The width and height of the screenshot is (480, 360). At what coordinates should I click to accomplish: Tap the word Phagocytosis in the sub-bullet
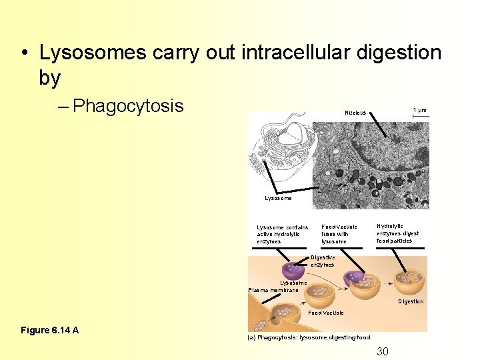click(x=128, y=106)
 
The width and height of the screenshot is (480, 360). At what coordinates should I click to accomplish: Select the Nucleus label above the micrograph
click(x=355, y=112)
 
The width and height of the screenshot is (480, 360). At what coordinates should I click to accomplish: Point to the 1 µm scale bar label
click(x=419, y=109)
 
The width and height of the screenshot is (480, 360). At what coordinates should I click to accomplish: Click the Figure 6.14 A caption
click(x=50, y=330)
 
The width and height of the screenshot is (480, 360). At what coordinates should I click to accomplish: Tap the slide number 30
click(x=383, y=351)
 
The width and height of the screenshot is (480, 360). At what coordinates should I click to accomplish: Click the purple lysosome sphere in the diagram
click(x=293, y=271)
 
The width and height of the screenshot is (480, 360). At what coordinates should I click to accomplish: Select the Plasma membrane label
click(x=273, y=289)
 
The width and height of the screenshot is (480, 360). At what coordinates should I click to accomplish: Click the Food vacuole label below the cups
click(x=326, y=312)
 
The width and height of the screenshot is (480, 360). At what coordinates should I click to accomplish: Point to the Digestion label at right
click(x=411, y=301)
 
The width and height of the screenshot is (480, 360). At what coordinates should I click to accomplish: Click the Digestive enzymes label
click(x=323, y=261)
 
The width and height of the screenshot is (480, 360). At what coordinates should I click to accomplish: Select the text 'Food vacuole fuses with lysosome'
click(x=339, y=233)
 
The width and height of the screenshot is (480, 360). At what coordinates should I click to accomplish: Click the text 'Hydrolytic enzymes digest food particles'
click(x=398, y=233)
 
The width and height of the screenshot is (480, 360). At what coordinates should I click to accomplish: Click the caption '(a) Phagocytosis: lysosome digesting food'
click(x=309, y=337)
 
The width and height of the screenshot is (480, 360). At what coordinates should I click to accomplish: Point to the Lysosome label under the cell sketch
click(x=278, y=198)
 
